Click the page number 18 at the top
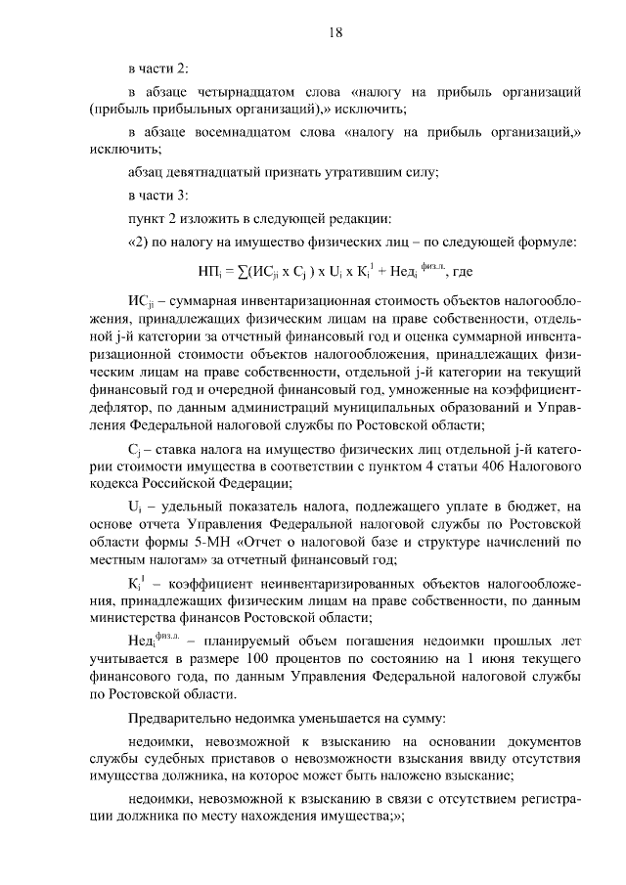(x=335, y=33)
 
